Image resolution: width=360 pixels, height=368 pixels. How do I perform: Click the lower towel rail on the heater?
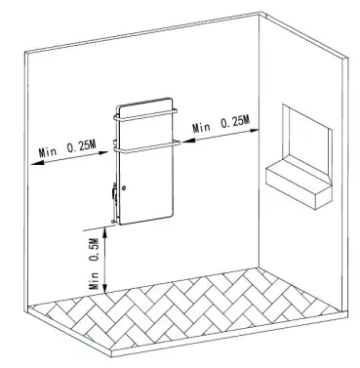(x=146, y=149)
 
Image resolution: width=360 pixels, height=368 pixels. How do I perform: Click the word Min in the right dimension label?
(x=204, y=128)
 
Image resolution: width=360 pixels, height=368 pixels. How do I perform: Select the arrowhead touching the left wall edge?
(x=34, y=162)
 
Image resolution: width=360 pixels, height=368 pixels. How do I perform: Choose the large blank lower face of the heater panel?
(x=151, y=190)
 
